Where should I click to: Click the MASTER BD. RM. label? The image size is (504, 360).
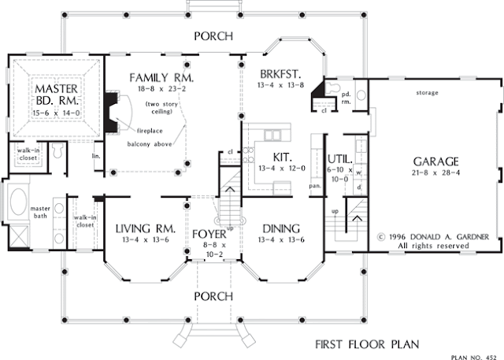(x=57, y=95)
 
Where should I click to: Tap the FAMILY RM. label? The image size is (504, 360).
(x=161, y=78)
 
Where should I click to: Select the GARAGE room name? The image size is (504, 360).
(x=435, y=161)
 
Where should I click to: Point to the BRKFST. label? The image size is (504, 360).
(x=280, y=74)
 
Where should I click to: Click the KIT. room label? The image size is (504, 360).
(x=282, y=158)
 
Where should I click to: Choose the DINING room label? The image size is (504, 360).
(x=281, y=228)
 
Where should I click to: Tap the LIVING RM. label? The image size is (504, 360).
(x=146, y=228)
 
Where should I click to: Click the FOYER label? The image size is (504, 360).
(x=209, y=234)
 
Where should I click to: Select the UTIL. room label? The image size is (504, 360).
(x=339, y=159)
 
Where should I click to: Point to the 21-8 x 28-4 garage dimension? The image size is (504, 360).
(x=435, y=173)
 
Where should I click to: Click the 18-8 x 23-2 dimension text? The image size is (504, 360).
(x=161, y=89)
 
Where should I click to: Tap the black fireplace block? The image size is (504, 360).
(x=111, y=113)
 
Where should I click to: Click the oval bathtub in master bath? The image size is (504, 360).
(x=18, y=202)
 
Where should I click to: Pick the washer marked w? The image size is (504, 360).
(x=359, y=173)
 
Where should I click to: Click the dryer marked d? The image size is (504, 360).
(x=359, y=187)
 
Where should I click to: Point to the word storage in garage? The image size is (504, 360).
(x=427, y=93)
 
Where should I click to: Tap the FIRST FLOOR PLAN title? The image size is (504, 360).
(x=367, y=344)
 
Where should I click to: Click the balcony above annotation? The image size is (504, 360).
(x=150, y=144)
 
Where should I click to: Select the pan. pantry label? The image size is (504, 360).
(x=315, y=186)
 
